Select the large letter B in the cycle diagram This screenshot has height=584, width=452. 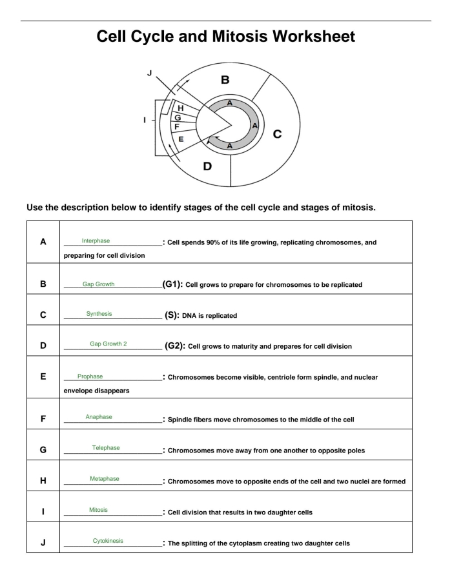[x=225, y=81]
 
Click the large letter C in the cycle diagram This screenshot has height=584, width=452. [x=278, y=134]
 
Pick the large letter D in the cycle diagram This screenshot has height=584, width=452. [x=208, y=166]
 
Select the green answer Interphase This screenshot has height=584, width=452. [x=96, y=241]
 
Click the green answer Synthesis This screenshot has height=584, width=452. [x=99, y=314]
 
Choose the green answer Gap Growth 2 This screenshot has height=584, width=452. [x=107, y=344]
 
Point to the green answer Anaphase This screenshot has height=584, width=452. [x=98, y=417]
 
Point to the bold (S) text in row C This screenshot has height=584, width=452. [x=177, y=315]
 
